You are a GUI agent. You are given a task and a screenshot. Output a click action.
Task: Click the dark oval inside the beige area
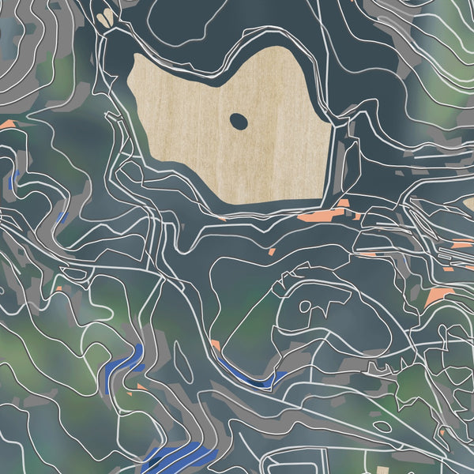click(x=238, y=121)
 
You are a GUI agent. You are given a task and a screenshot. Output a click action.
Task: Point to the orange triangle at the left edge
click(x=7, y=124)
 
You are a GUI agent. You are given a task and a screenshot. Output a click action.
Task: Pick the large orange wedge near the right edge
click(x=436, y=296)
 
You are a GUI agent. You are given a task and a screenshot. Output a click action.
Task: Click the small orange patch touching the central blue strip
click(x=215, y=345)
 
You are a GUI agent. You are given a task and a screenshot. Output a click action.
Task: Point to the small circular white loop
click(x=305, y=306)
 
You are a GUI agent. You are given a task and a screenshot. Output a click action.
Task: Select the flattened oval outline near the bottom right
click(x=381, y=427)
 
